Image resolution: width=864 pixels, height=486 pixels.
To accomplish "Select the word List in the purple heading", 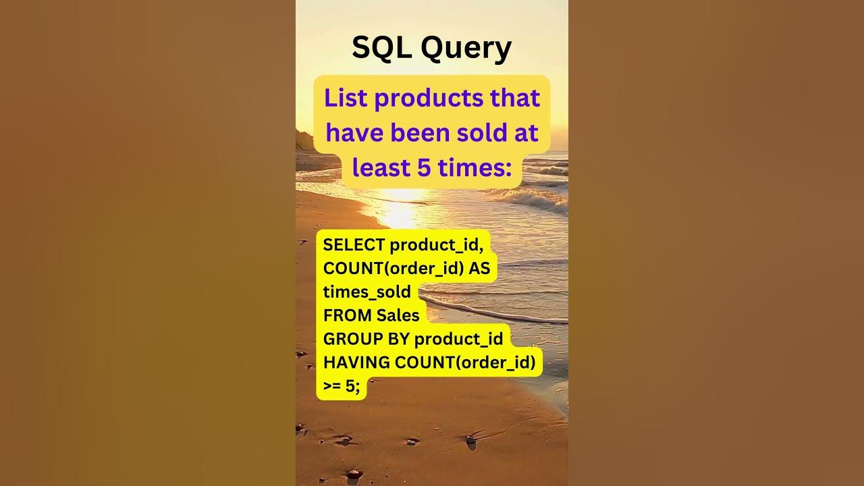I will pos(346,98).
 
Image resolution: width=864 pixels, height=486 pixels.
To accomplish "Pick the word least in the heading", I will pos(380,167).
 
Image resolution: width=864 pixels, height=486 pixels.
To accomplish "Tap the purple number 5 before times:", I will pos(424,167).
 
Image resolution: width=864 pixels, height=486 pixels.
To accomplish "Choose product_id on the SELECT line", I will pos(436,245).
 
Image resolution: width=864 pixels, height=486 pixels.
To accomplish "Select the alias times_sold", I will pos(367,292).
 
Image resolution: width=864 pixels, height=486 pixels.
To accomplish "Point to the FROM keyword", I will pos(347,315).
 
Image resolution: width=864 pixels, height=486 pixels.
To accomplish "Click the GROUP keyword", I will pos(350,339).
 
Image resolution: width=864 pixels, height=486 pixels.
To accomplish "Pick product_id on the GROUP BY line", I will pos(459,339).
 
